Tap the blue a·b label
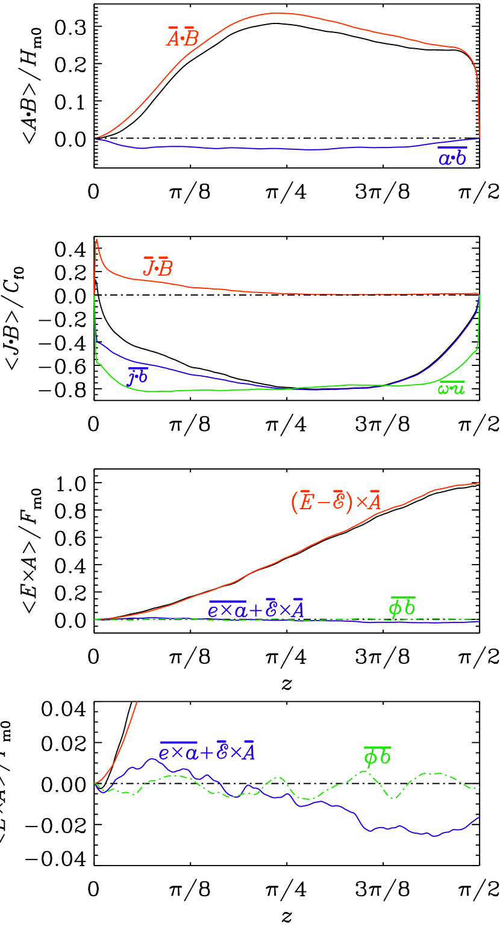(x=452, y=158)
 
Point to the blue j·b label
(x=138, y=376)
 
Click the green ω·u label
(x=451, y=388)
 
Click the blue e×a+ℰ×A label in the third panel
(x=256, y=610)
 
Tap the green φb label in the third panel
(x=402, y=607)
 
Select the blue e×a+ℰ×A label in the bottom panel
(x=207, y=752)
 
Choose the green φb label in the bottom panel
(x=378, y=757)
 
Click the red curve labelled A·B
(x=277, y=13)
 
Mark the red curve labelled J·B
(x=271, y=293)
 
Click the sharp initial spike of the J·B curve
(x=96, y=241)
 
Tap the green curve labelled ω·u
(x=181, y=391)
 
